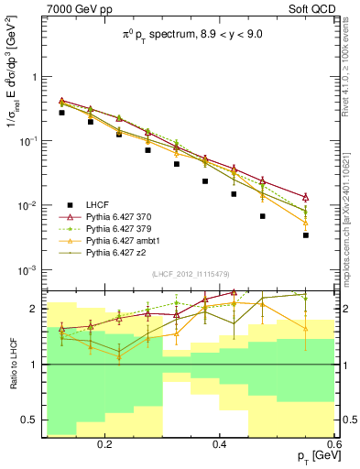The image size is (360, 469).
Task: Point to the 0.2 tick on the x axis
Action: click(107, 443)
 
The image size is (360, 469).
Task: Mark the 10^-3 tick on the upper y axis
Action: click(31, 270)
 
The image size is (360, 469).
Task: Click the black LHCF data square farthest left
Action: click(61, 113)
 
